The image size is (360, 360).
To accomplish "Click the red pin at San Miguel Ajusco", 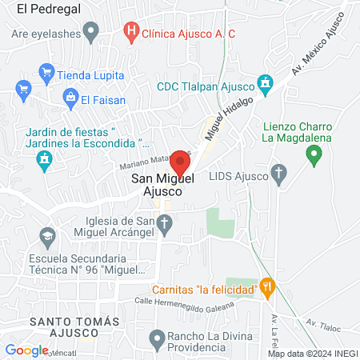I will pyautogui.click(x=179, y=162).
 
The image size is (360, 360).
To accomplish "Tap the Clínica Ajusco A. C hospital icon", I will pyautogui.click(x=131, y=33).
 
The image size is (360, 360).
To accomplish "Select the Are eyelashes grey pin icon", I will pyautogui.click(x=91, y=34).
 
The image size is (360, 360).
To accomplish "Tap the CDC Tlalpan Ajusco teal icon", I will pyautogui.click(x=266, y=84).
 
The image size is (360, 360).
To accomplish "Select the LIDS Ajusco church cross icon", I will pyautogui.click(x=278, y=174).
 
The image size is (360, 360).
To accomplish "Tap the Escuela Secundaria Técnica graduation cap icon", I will pyautogui.click(x=46, y=238).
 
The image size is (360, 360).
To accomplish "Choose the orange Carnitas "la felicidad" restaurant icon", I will pyautogui.click(x=268, y=286).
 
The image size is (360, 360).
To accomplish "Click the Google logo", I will pyautogui.click(x=26, y=350).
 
